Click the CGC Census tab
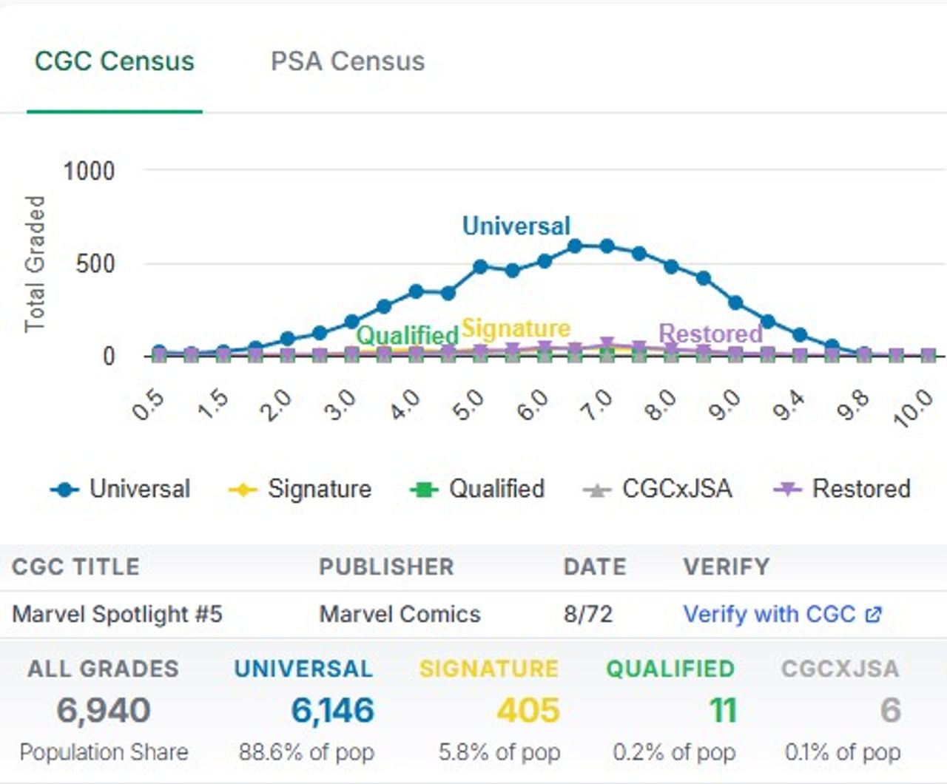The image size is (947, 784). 115,61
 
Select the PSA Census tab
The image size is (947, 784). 348,61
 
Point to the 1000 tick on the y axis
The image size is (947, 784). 89,172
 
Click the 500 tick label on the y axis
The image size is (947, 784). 95,264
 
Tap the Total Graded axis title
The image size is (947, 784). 35,264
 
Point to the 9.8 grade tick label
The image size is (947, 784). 853,405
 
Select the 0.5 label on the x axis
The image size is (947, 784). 148,405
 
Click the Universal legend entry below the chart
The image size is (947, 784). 121,489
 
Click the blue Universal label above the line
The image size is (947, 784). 516,226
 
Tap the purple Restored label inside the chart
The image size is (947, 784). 710,334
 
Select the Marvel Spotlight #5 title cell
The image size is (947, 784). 118,614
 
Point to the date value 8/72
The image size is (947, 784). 588,614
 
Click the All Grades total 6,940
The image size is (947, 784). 104,710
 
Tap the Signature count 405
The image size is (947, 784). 528,710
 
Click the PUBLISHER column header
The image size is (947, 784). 386,567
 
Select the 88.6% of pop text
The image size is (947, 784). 306,752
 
